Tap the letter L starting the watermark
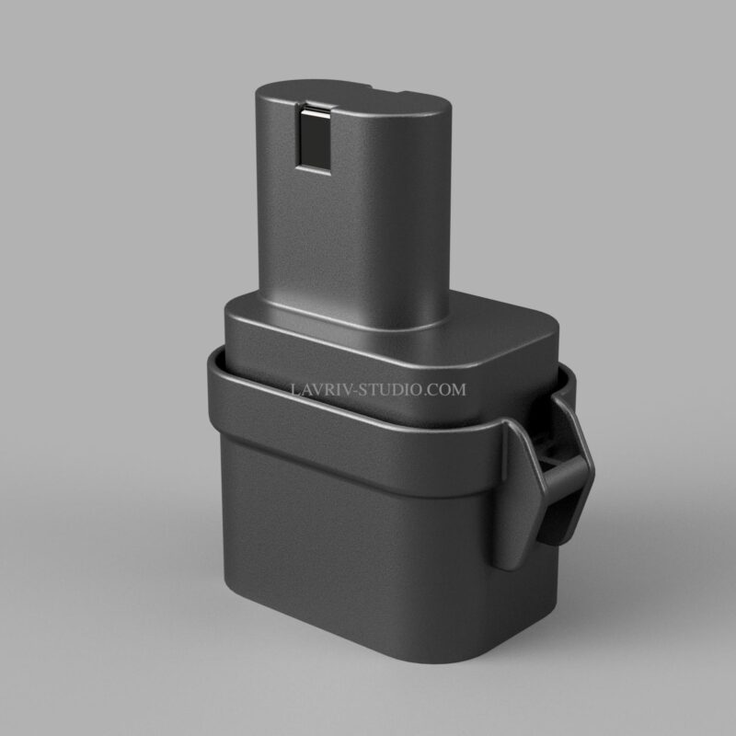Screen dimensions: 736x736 tap(294, 389)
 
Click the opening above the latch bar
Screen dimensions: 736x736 tap(551, 451)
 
